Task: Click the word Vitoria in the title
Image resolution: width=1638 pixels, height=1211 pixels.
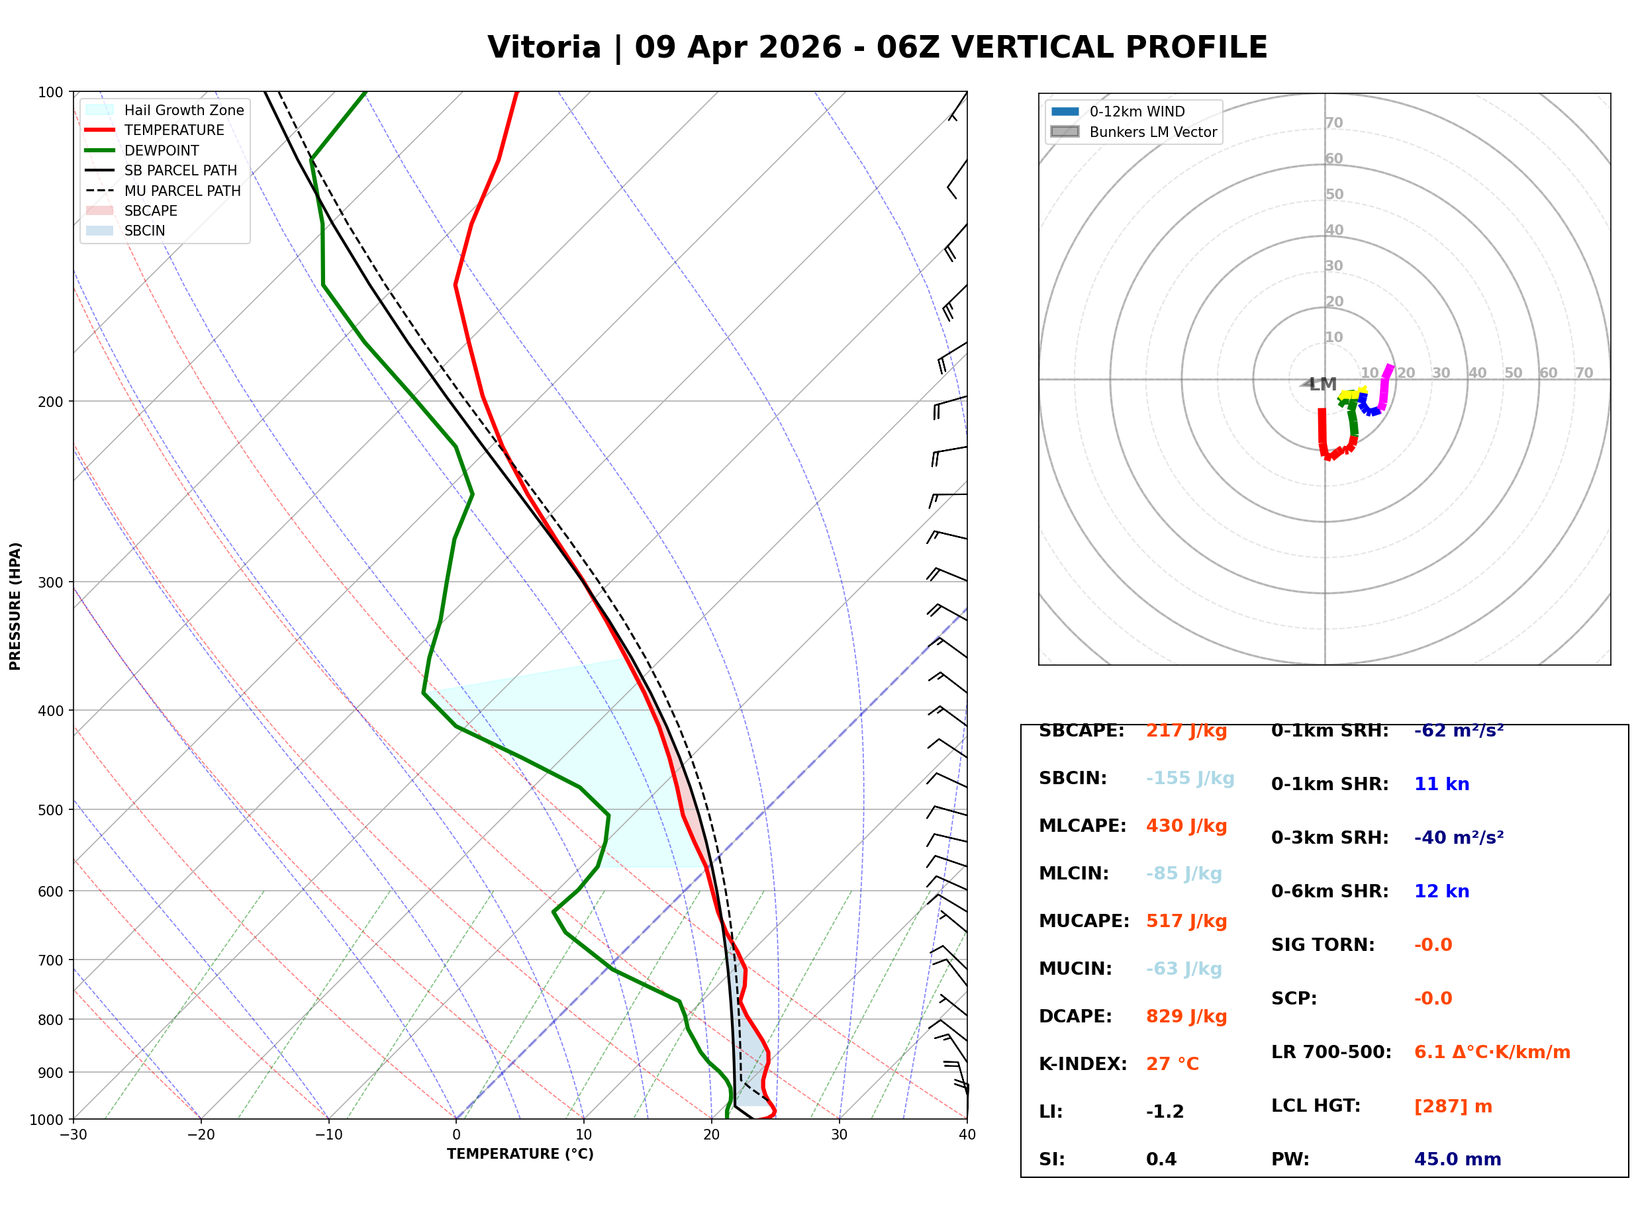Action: coord(544,48)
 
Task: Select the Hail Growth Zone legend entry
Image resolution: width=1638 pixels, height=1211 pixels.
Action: coord(183,110)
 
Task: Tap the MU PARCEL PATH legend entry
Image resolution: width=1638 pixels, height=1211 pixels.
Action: coord(182,191)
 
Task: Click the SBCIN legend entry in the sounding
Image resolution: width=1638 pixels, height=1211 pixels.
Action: coord(144,231)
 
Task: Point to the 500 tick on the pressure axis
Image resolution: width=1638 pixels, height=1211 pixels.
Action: coord(50,810)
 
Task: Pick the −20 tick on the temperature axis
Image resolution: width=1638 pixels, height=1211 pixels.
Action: coord(200,1135)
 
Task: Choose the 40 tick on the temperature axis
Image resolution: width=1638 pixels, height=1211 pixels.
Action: coord(967,1135)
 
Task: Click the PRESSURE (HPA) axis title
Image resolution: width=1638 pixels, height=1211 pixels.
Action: coord(15,606)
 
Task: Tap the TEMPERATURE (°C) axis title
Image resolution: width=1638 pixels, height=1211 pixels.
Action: coord(520,1155)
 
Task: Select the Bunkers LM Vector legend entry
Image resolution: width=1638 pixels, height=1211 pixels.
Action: coord(1152,132)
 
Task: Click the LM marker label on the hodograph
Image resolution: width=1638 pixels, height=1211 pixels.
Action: coord(1323,384)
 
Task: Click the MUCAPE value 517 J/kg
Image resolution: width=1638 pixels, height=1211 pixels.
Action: coord(1186,921)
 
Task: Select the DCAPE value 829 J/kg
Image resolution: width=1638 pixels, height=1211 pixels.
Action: coord(1186,1016)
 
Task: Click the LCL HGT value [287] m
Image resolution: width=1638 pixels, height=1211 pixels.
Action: coord(1453,1106)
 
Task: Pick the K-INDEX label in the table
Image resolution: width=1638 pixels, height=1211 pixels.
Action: coord(1083,1064)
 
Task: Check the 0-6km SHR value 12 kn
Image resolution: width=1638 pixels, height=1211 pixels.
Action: coord(1441,891)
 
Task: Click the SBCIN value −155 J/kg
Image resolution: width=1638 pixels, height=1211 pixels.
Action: coord(1189,778)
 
